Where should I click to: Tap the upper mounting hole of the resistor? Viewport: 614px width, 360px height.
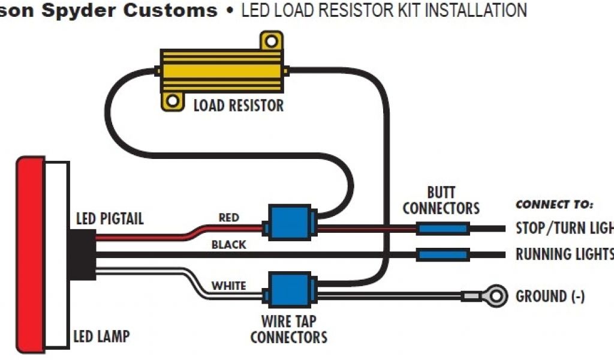pyautogui.click(x=271, y=41)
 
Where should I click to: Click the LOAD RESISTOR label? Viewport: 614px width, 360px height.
pyautogui.click(x=238, y=106)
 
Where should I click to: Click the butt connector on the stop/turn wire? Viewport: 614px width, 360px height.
pyautogui.click(x=442, y=229)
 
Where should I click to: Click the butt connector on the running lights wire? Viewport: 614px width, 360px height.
pyautogui.click(x=442, y=254)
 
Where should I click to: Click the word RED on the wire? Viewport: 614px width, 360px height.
pyautogui.click(x=228, y=218)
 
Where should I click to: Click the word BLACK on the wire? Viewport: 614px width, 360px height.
pyautogui.click(x=228, y=245)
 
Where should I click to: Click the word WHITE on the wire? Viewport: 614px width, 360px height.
pyautogui.click(x=228, y=286)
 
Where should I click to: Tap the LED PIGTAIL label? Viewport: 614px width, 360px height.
pyautogui.click(x=110, y=218)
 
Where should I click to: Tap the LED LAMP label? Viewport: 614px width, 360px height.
pyautogui.click(x=101, y=337)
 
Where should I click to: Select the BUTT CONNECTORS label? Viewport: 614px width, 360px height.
pyautogui.click(x=441, y=201)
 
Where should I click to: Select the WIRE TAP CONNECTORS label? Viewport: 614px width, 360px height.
pyautogui.click(x=288, y=328)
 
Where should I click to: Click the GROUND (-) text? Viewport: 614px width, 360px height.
pyautogui.click(x=550, y=296)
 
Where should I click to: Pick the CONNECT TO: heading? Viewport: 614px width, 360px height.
pyautogui.click(x=554, y=205)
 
